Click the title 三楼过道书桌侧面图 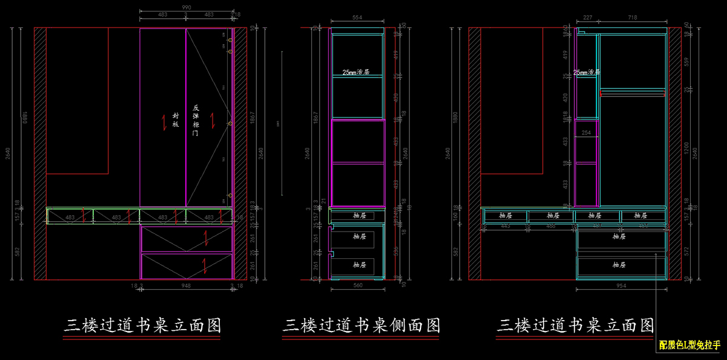pyautogui.click(x=361, y=325)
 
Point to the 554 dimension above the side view pyautogui.click(x=357, y=18)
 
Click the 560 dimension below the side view pyautogui.click(x=357, y=285)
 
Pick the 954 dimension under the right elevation pyautogui.click(x=622, y=285)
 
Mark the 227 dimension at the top pyautogui.click(x=587, y=18)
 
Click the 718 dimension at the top pyautogui.click(x=632, y=18)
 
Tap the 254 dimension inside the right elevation pyautogui.click(x=586, y=132)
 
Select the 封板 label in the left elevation pyautogui.click(x=176, y=119)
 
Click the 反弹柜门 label pyautogui.click(x=195, y=120)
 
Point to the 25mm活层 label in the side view pyautogui.click(x=356, y=72)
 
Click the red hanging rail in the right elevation pyautogui.click(x=632, y=93)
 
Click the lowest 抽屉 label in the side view pyautogui.click(x=360, y=265)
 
